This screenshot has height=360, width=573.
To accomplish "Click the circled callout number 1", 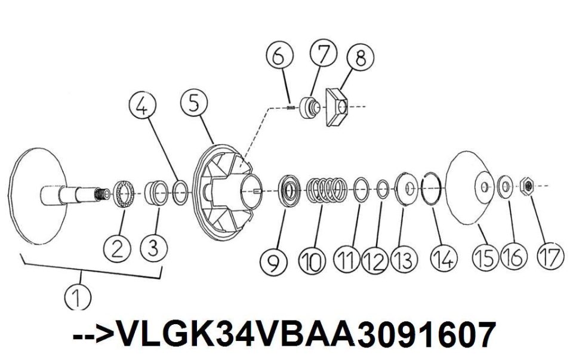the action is pyautogui.click(x=78, y=296).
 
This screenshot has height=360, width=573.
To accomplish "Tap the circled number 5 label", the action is pyautogui.click(x=194, y=103).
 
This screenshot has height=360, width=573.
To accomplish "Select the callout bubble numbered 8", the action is pyautogui.click(x=361, y=57).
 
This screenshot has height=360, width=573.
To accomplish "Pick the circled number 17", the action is pyautogui.click(x=550, y=256).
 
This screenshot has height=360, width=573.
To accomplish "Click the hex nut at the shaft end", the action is pyautogui.click(x=527, y=186).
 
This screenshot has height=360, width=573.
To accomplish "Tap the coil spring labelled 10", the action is pyautogui.click(x=326, y=189).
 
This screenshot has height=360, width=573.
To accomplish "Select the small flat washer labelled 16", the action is pyautogui.click(x=506, y=186).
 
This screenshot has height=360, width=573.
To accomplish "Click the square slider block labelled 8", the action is pyautogui.click(x=336, y=107).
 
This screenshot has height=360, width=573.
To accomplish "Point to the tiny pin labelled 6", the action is pyautogui.click(x=291, y=107).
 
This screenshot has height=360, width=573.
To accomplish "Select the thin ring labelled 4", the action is pyautogui.click(x=180, y=192).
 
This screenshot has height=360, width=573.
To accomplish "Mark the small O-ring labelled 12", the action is pyautogui.click(x=382, y=189).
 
